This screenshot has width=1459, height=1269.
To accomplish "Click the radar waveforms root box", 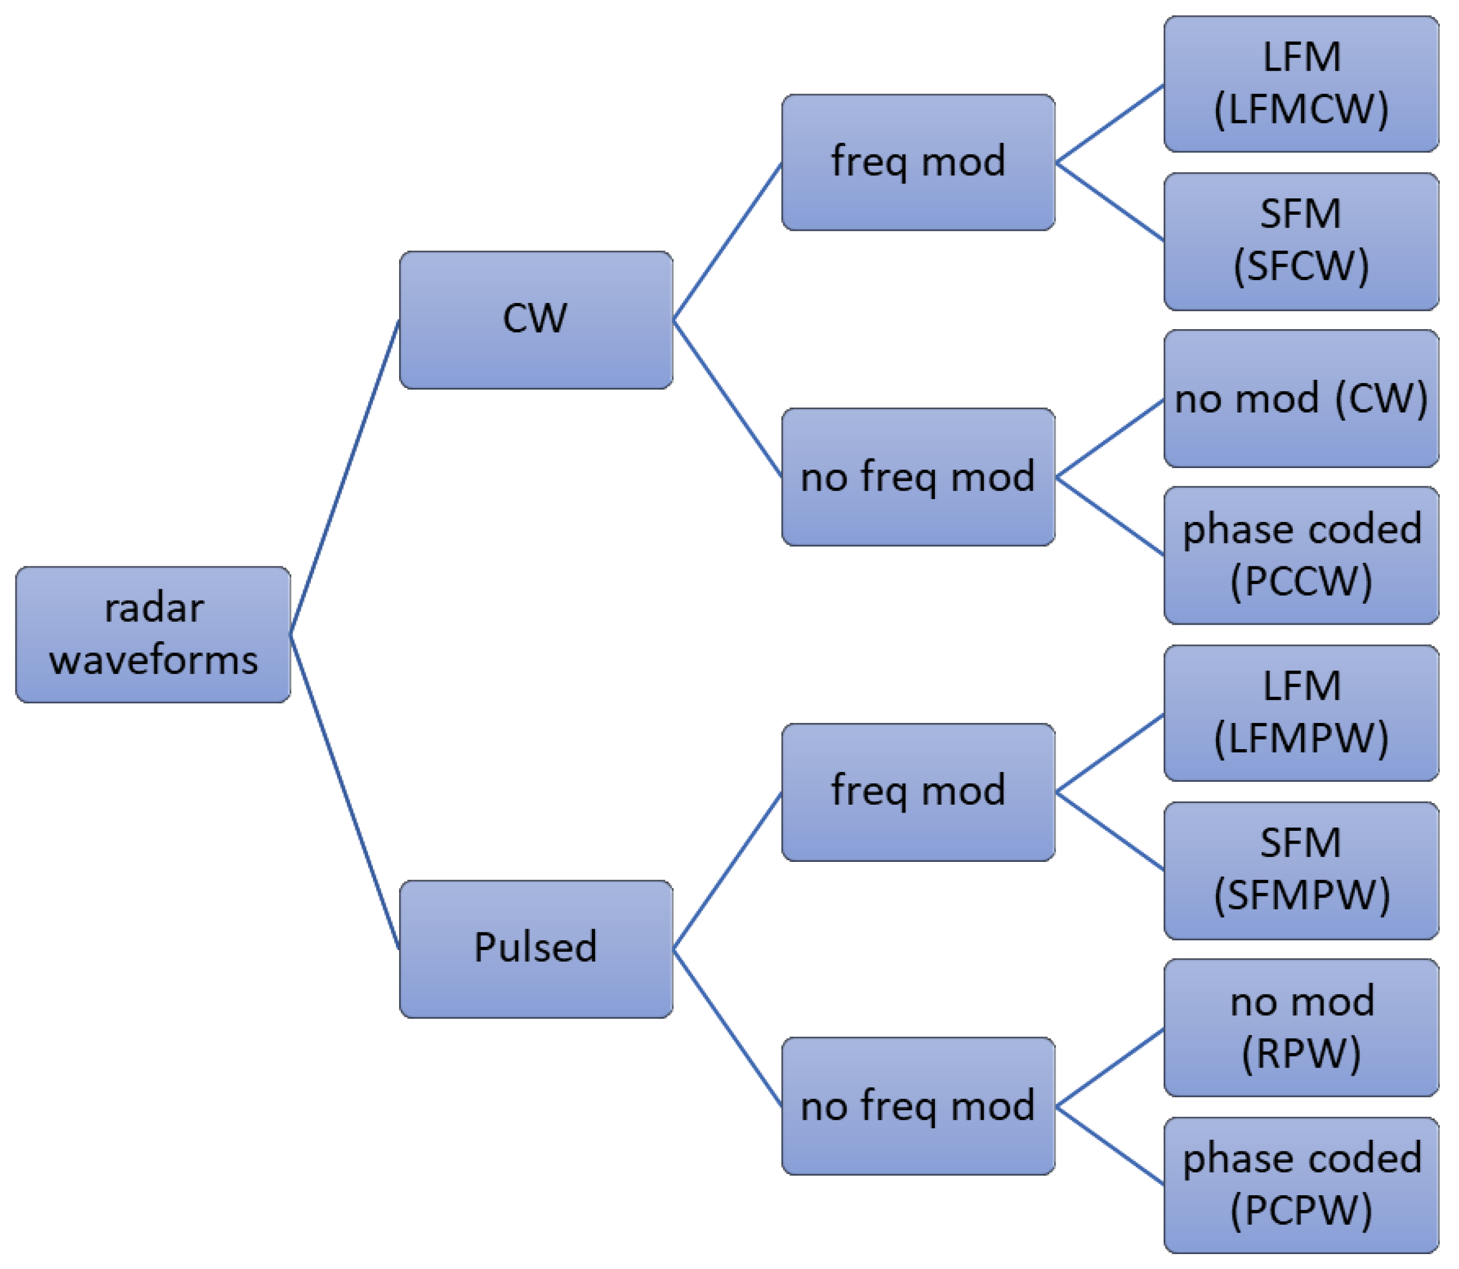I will click(153, 635).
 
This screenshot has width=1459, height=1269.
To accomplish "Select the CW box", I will click(536, 320).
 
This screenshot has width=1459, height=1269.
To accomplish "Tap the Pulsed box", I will click(536, 949).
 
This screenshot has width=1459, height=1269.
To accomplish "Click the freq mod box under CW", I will click(918, 162).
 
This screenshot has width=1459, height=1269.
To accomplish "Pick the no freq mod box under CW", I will click(918, 477).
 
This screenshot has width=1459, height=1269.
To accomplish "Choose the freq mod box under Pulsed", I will click(918, 792).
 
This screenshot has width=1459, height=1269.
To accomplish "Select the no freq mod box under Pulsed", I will click(918, 1106).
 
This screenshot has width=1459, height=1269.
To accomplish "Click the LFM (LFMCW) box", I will click(1301, 83).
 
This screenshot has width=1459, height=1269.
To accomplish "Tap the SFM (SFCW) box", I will click(1301, 241).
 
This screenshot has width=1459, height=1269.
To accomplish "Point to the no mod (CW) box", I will click(1301, 398).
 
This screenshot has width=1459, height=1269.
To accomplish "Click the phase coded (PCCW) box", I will click(1301, 555).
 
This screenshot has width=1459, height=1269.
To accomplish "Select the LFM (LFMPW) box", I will click(1301, 713).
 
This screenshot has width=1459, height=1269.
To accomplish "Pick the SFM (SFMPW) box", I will click(1301, 870).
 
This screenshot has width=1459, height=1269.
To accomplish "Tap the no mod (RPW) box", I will click(1301, 1027).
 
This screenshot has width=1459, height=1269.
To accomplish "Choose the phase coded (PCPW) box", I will click(1301, 1185).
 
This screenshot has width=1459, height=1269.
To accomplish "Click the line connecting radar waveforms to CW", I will click(345, 477).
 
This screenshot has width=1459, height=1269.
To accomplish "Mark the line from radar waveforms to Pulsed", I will click(345, 792).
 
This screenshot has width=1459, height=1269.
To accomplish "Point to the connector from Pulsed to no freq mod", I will click(727, 1027).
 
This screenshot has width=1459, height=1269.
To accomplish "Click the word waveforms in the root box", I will click(153, 660).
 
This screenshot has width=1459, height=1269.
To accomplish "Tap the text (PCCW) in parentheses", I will click(1301, 581).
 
